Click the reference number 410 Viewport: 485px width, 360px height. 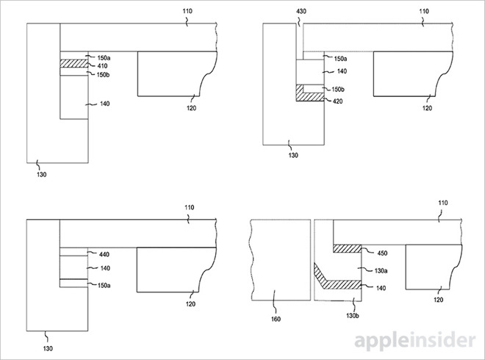103,65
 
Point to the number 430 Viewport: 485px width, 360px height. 300,12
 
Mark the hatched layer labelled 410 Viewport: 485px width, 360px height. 73,65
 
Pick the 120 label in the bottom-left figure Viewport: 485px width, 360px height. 191,303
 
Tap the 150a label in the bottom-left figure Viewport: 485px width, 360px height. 103,285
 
